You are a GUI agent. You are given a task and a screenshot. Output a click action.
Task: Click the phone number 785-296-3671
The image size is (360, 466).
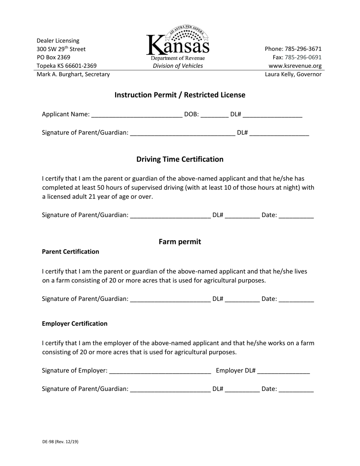293,49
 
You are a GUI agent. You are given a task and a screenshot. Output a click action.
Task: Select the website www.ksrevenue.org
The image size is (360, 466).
295,66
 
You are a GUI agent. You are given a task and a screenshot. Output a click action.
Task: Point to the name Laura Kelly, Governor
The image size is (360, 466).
293,74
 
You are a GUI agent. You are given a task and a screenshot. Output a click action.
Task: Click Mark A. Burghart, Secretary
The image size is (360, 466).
73,74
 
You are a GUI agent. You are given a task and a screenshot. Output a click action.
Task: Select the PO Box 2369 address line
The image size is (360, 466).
53,57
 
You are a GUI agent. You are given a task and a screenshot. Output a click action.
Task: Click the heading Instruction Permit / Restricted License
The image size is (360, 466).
180,95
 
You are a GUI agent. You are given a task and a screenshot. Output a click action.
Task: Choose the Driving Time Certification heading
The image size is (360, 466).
180,159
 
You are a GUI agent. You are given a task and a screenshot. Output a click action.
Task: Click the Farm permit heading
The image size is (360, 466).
180,242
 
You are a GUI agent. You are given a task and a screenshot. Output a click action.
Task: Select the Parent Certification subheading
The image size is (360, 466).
70,252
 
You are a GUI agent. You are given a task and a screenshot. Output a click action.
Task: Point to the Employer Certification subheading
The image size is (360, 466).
75,324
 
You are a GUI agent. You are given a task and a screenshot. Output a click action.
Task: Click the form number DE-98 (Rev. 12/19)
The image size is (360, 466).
60,442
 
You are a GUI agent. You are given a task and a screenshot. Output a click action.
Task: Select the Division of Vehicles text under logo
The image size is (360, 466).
178,66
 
